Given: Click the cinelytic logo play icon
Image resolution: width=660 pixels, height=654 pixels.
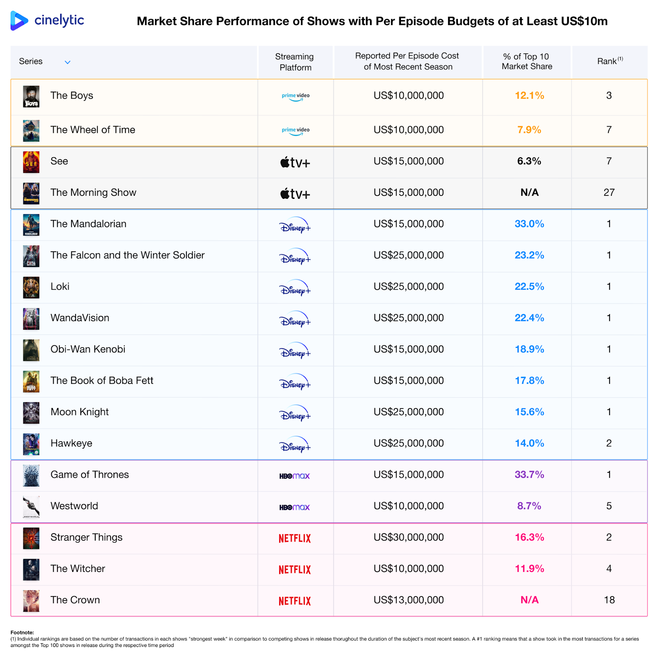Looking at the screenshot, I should point(19,21).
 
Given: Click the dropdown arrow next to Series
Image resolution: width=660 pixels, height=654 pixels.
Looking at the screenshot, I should point(68,62).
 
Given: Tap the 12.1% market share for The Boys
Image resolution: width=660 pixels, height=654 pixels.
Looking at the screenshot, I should point(529,96).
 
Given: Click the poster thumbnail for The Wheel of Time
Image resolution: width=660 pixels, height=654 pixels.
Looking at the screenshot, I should point(31,130).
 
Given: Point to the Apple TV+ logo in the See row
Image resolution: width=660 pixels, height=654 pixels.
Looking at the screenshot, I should point(295,163).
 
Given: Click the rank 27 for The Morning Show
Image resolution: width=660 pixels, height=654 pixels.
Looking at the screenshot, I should point(609,193).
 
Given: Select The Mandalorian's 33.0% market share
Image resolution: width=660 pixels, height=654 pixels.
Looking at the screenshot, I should point(529,224).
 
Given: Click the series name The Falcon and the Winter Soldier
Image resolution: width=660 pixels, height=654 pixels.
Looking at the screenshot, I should point(127,255).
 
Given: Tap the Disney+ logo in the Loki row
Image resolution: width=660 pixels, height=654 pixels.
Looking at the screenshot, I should point(295,288).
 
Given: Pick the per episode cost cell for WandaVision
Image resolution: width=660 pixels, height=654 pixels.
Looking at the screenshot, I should point(408,318).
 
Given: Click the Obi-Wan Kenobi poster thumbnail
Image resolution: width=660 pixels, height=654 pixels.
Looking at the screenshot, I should point(31,350).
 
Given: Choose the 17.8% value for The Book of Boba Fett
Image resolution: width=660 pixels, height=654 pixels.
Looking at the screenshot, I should point(529,381).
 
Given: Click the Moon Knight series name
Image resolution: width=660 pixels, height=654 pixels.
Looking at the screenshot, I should point(80,412).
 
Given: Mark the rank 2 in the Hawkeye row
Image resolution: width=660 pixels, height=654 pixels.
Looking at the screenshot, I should point(609,444).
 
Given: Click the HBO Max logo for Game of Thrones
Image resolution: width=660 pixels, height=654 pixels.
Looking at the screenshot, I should point(295,476).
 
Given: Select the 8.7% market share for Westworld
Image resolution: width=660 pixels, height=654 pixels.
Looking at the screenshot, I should point(529,506).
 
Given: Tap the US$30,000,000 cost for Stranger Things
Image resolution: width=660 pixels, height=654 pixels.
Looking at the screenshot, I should point(408,538).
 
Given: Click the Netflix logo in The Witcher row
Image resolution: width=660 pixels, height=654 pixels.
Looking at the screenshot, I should point(295,570).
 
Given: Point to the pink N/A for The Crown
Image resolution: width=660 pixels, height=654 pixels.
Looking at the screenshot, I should point(529,600).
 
